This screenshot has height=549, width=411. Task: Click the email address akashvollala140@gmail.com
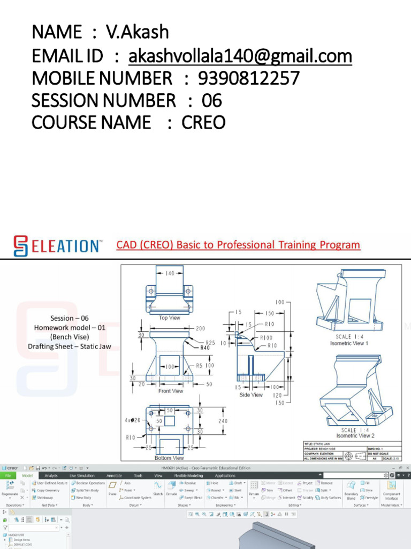[x=240, y=56]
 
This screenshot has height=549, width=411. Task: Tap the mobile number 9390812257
[x=249, y=78]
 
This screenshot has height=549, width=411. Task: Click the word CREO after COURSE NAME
[x=203, y=123]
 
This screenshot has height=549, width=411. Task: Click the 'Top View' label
[x=170, y=318]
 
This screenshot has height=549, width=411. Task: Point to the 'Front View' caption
[x=171, y=391]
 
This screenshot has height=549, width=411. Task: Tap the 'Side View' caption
[x=251, y=395]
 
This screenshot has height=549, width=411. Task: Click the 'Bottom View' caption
[x=170, y=458]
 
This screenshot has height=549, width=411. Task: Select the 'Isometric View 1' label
[x=349, y=343]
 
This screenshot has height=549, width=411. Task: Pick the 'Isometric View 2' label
[x=355, y=436]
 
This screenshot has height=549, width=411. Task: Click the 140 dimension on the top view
[x=170, y=273]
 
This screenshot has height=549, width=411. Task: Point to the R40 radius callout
[x=205, y=348]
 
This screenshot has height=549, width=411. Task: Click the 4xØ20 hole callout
[x=133, y=420]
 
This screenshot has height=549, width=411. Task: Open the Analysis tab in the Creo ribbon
[x=51, y=476]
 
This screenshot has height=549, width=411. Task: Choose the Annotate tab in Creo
[x=114, y=476]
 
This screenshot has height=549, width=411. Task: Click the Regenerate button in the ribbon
[x=10, y=488]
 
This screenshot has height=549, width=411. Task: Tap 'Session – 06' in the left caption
[x=70, y=318]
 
